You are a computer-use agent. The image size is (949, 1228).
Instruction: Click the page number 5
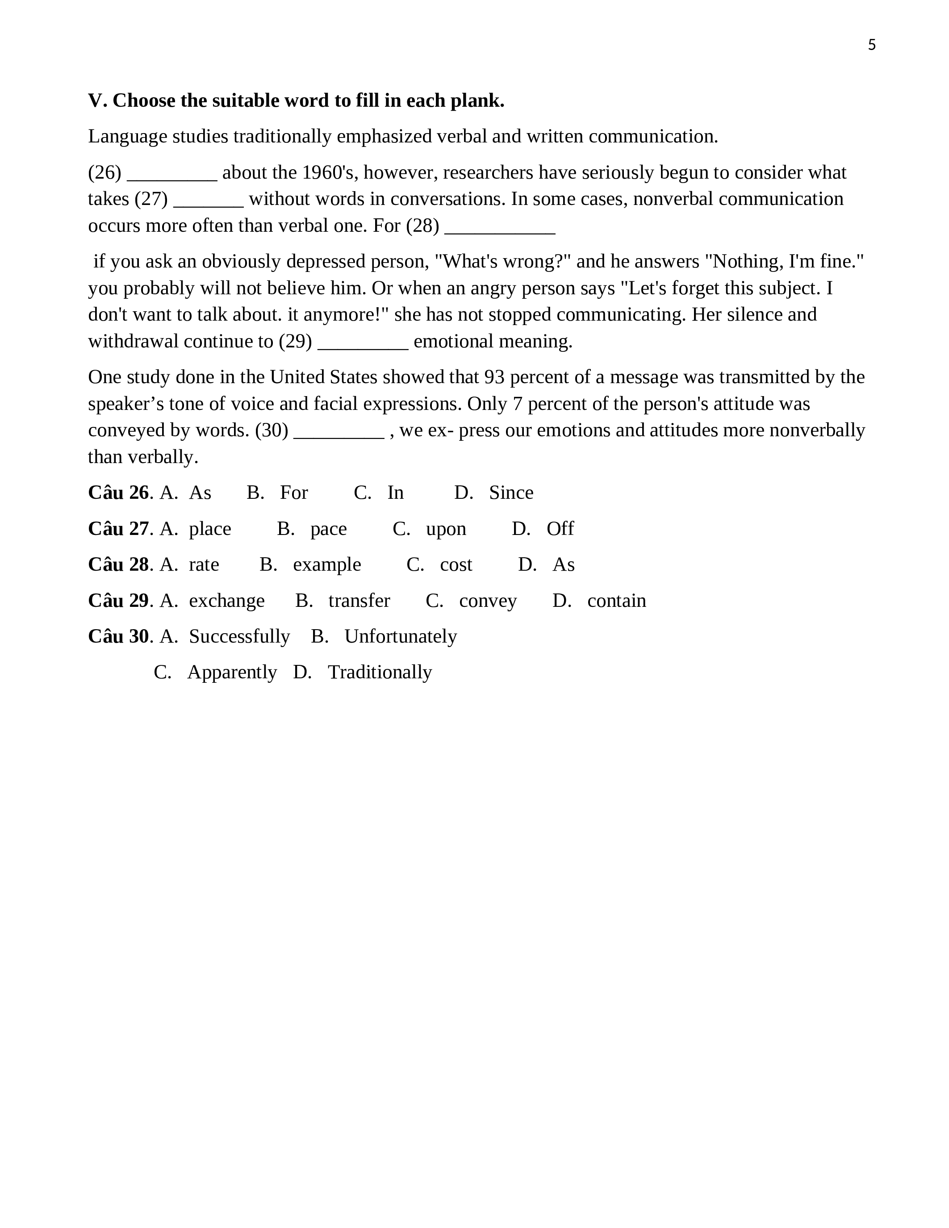coord(871,45)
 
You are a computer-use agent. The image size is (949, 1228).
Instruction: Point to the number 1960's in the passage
coord(330,173)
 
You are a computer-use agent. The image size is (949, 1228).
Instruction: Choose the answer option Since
coord(510,493)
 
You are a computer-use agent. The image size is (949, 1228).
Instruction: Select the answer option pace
coord(328,529)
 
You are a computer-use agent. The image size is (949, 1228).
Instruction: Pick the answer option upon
coord(446,529)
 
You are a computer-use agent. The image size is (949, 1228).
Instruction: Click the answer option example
coord(326,564)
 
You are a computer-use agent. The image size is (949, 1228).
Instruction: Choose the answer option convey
coord(487,601)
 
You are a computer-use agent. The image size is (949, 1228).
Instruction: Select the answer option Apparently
coord(232,672)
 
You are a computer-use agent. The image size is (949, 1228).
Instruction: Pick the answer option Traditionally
coord(380,672)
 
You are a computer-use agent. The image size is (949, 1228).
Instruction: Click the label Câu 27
coord(118,529)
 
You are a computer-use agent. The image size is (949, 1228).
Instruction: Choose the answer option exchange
coord(226,601)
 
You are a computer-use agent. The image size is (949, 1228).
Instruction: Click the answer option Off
coord(560,529)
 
